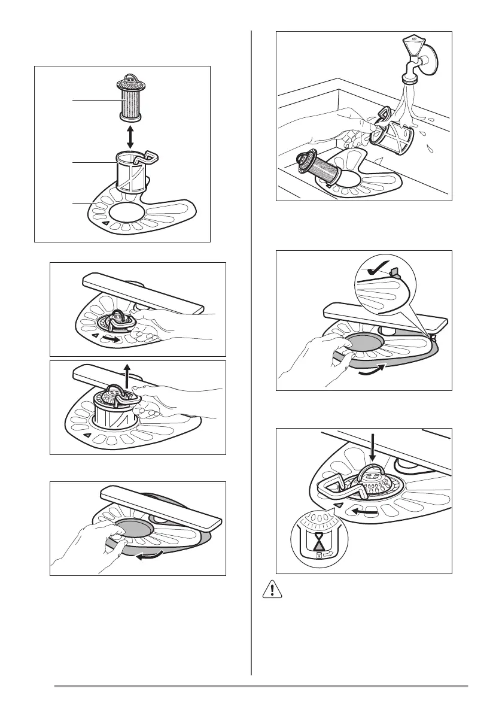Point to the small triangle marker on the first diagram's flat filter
[105, 223]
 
